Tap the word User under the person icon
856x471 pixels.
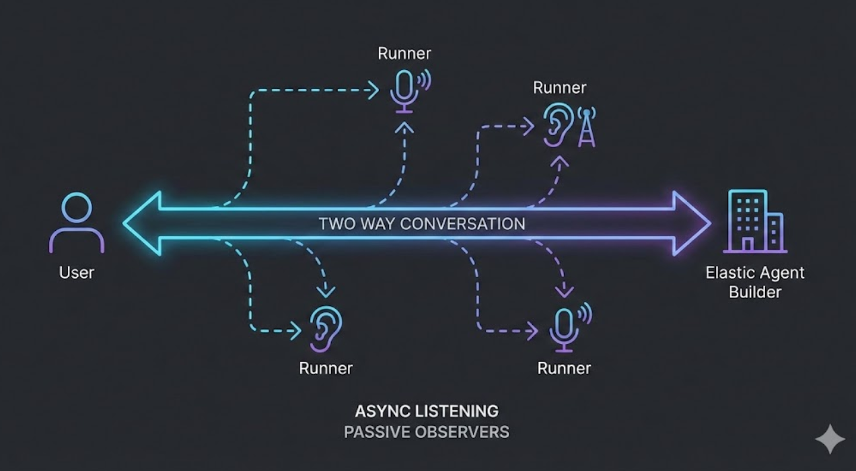pos(77,273)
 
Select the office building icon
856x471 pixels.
pos(754,221)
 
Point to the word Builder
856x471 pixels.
pos(755,292)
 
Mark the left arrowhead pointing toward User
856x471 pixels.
pos(143,223)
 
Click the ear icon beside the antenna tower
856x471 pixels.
pos(557,124)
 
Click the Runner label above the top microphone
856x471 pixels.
pos(404,53)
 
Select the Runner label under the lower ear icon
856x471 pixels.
pos(326,368)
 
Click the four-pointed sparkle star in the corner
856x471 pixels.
pos(830,439)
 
